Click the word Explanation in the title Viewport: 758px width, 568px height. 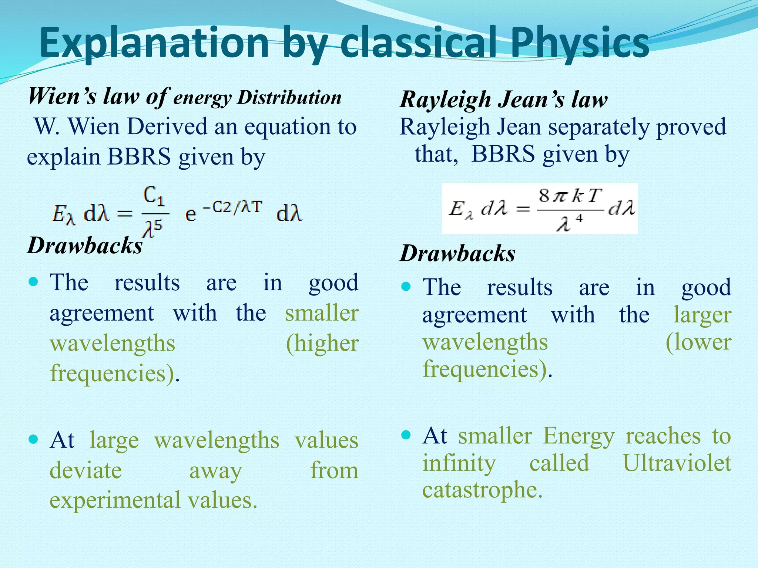[x=154, y=44]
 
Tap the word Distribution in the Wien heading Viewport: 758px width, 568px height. [x=289, y=98]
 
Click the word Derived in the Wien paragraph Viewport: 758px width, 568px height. [x=167, y=127]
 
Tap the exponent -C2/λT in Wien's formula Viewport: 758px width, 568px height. [x=232, y=207]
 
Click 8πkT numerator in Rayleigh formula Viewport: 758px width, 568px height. [x=570, y=196]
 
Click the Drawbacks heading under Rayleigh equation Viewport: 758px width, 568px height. [x=457, y=254]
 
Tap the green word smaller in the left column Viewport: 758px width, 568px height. [x=322, y=313]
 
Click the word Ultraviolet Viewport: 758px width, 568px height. [x=677, y=463]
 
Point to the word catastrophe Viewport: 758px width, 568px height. [x=482, y=490]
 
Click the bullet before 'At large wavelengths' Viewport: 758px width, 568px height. [x=33, y=439]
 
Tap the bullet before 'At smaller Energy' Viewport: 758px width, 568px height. [x=406, y=435]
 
